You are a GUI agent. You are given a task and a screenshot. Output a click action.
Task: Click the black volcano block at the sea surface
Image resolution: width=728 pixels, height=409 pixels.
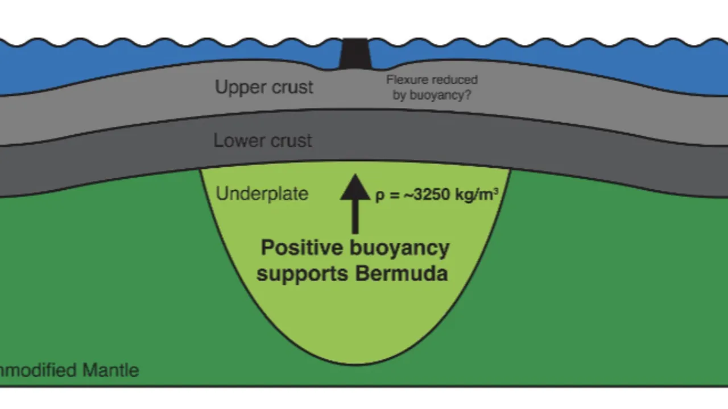354,54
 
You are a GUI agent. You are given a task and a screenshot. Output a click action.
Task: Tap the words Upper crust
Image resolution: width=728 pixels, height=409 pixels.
264,87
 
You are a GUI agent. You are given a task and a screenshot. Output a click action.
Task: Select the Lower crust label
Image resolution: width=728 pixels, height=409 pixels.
263,140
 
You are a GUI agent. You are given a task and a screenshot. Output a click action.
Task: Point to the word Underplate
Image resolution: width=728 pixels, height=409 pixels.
262,194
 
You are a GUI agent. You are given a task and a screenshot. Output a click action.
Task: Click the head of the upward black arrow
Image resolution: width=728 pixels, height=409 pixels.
355,187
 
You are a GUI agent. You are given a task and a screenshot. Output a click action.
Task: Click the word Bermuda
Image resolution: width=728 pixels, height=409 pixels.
402,274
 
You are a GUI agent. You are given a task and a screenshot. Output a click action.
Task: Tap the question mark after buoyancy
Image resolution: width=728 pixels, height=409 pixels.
468,95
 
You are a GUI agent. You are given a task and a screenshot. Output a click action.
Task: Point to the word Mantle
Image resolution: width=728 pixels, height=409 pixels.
110,370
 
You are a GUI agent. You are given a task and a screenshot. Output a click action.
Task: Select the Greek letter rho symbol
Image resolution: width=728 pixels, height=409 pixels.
380,196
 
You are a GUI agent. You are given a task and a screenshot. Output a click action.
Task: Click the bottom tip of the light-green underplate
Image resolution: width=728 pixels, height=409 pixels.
355,362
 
